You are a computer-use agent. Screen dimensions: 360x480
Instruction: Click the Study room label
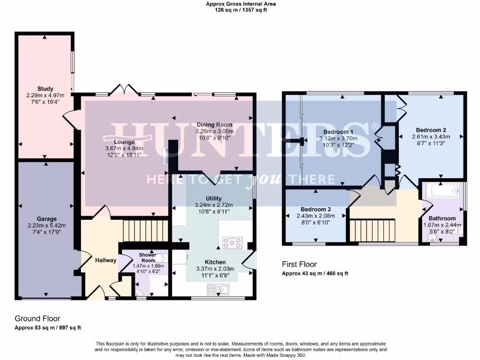point(45,89)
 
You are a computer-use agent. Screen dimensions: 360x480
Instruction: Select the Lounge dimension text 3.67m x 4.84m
point(124,149)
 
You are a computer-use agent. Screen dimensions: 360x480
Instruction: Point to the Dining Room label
point(214,125)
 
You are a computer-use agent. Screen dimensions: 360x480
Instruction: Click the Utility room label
point(213,198)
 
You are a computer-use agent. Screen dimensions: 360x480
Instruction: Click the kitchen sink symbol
point(221,289)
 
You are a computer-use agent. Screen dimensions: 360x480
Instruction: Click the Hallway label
point(105,260)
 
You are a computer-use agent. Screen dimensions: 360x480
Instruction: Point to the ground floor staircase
point(138,231)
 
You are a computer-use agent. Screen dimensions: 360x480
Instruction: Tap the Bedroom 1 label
point(338,132)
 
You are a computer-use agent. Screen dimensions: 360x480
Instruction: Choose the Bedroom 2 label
point(430,130)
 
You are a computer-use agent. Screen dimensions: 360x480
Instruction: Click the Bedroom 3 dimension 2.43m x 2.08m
point(316,216)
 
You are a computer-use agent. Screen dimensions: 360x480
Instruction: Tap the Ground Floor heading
point(37,318)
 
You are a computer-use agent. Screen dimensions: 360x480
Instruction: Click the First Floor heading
point(300,264)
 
